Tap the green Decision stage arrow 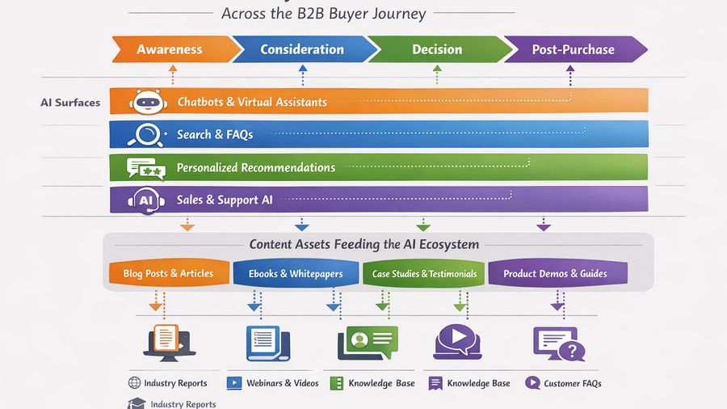(x=437, y=49)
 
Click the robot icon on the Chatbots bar (x=146, y=102)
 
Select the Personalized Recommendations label (x=255, y=167)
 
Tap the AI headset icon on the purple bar (x=146, y=200)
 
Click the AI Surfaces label (x=70, y=103)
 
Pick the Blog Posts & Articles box (x=168, y=273)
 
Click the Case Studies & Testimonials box (x=424, y=273)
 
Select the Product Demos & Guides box (x=555, y=273)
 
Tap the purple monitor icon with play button (x=457, y=341)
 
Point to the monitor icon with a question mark (x=558, y=343)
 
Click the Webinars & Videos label (x=282, y=383)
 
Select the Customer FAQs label (x=572, y=383)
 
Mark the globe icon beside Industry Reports (x=134, y=383)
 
